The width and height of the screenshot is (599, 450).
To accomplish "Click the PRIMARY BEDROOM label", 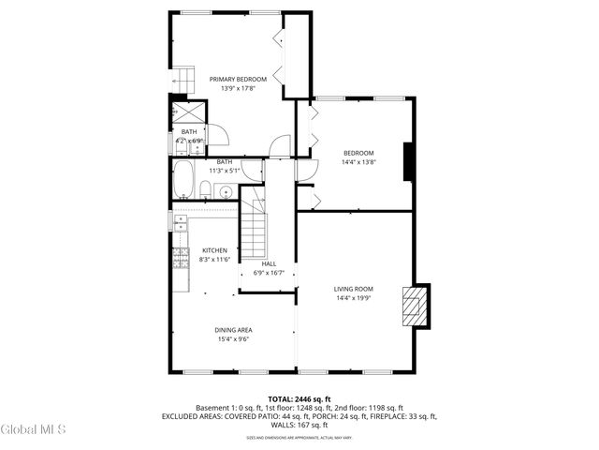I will coord(238,80).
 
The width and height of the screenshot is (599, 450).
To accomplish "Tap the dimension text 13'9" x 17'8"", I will coord(238,89).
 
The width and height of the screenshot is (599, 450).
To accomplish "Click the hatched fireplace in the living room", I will coord(412,305).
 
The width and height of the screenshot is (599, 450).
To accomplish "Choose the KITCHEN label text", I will coord(215,250).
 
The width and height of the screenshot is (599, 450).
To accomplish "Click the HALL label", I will coord(269,264).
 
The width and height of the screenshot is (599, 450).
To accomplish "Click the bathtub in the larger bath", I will coord(183,179).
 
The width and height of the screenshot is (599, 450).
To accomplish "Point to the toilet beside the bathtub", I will coord(204,190).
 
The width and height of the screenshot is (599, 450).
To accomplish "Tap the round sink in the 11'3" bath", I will coord(226,191).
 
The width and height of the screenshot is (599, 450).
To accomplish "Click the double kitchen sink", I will coord(178,222).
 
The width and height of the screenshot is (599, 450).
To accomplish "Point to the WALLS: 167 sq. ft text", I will coord(299,424).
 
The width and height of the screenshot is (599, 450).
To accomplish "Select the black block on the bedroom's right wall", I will coord(408,161).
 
